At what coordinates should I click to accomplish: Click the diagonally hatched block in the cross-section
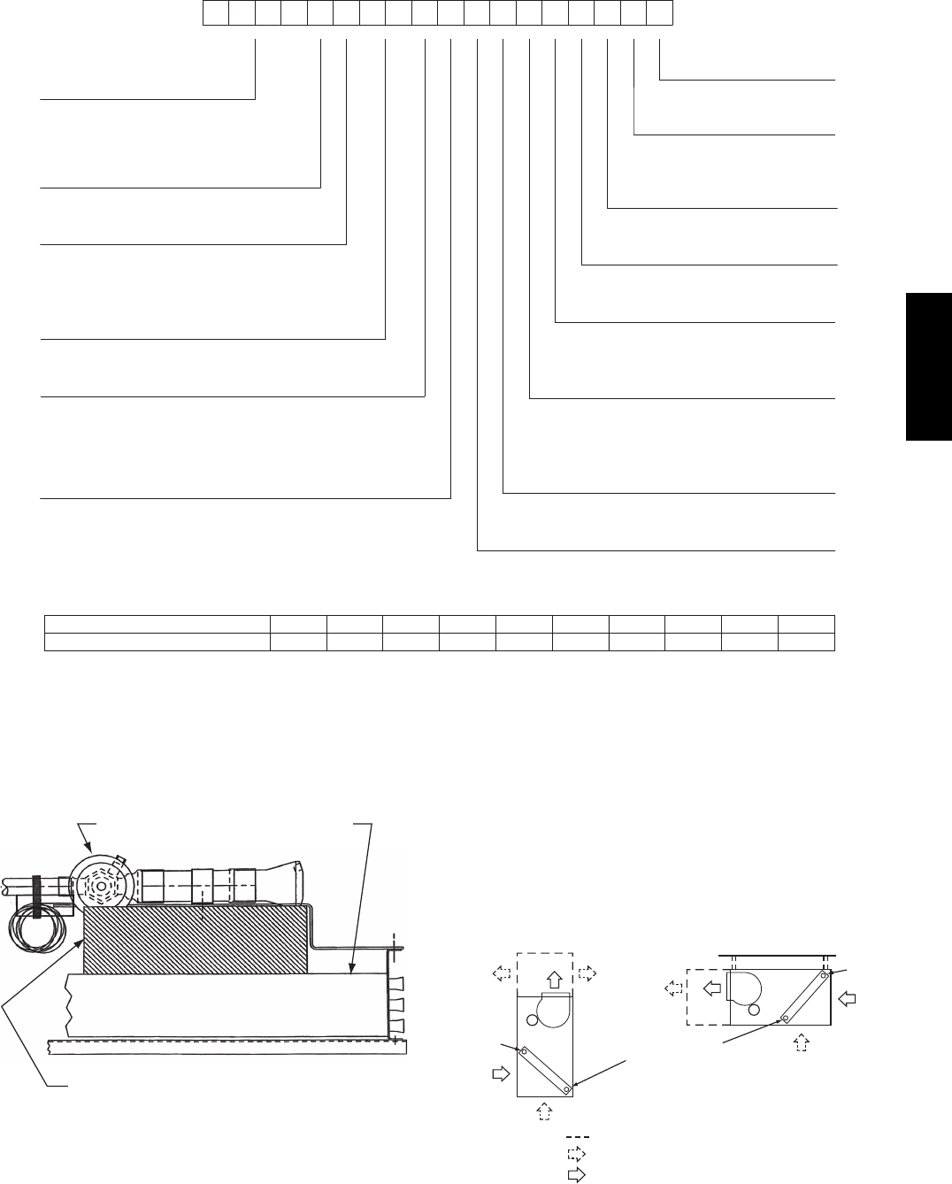[x=195, y=938]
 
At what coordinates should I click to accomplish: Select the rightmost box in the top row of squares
[x=660, y=13]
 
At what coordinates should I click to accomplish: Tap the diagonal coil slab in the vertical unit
[x=547, y=1068]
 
